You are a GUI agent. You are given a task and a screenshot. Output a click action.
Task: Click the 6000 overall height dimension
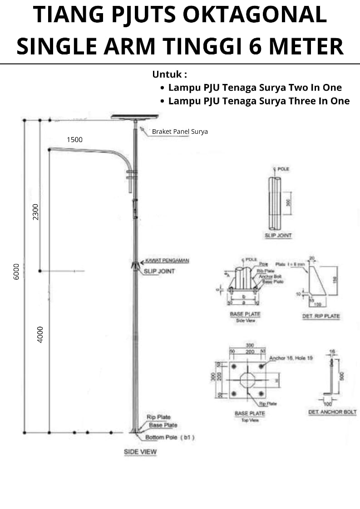(17, 271)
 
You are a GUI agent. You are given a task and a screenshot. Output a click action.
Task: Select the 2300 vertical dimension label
(36, 212)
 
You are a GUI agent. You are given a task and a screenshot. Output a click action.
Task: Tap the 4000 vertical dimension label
(40, 334)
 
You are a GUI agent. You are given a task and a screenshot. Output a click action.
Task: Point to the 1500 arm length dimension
(74, 140)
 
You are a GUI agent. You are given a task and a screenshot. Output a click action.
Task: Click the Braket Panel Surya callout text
(180, 132)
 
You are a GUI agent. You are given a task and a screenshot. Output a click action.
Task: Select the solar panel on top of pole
(135, 117)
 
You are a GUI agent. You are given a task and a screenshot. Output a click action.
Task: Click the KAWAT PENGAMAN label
(167, 261)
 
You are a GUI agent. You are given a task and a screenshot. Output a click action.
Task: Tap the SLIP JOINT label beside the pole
(159, 271)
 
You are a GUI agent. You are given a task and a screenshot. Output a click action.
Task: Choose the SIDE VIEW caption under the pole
(140, 452)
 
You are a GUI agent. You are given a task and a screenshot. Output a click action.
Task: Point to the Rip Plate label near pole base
(158, 417)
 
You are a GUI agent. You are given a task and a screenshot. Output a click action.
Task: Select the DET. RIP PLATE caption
(321, 316)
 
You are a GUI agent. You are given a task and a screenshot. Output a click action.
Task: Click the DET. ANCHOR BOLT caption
(332, 412)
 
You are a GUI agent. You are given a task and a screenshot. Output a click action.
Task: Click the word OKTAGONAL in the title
(254, 15)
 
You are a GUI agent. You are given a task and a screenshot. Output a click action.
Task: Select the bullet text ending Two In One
(255, 88)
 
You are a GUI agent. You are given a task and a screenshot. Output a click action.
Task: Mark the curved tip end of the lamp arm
(50, 149)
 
